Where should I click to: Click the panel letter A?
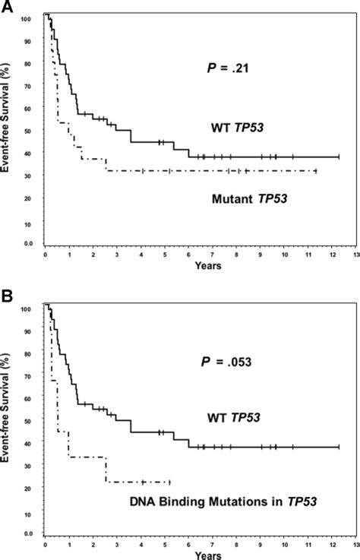coord(6,7)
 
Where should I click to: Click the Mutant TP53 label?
coord(242,200)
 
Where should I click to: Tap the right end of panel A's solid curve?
coord(339,157)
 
